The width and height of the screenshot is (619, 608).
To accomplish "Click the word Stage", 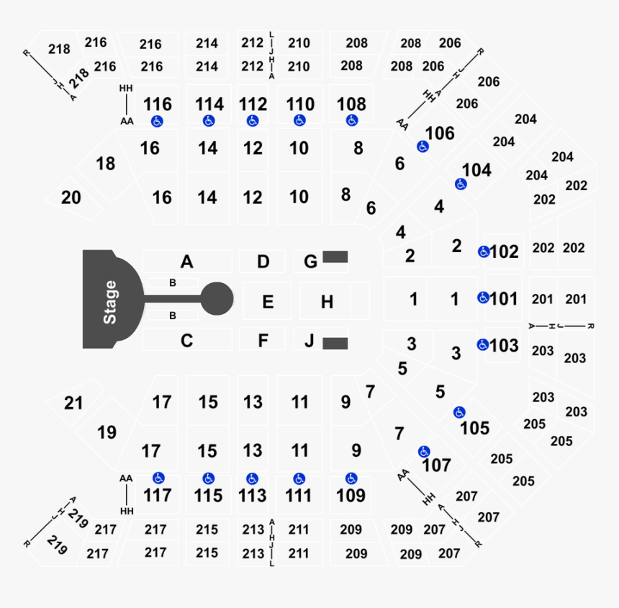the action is pos(109,303).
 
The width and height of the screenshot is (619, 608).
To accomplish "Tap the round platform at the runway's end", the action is pos(217,299).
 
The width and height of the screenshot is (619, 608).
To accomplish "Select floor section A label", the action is pos(186,261).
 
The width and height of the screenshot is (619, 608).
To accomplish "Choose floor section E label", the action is pos(268,302).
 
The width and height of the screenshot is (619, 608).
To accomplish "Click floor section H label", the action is pos(327,302).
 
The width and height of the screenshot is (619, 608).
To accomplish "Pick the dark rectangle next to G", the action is pos(335,256).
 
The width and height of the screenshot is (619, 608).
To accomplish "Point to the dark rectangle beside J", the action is pos(335,344).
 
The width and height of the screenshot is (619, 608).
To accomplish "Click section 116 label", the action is pos(158,104).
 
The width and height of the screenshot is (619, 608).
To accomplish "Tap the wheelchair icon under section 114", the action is pos(209,121).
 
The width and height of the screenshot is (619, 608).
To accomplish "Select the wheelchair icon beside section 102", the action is pos(484,251).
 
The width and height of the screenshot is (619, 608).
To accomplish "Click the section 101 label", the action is pos(504,299).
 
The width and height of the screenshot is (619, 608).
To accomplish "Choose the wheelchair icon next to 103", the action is pos(483,345).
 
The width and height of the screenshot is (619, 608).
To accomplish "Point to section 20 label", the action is pos(71,197).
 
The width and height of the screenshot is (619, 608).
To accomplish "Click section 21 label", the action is pos(73,403).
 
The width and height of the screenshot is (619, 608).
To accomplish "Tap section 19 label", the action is pos(107,433).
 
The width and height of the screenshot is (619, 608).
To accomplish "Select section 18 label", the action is pos(105,164).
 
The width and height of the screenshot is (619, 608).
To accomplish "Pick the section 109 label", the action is pos(351,496).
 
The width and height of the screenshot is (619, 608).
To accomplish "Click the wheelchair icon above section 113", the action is pos(252,479).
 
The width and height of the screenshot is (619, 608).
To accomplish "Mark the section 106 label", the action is pos(440,133).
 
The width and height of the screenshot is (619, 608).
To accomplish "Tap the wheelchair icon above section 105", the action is pos(459,413).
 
